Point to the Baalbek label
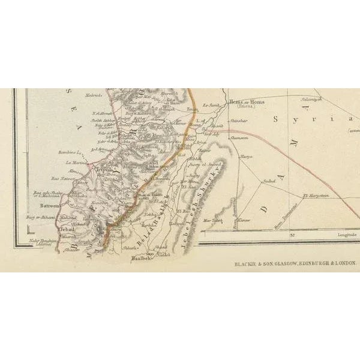(140, 260)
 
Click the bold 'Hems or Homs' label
(247, 103)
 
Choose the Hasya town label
(246, 157)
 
